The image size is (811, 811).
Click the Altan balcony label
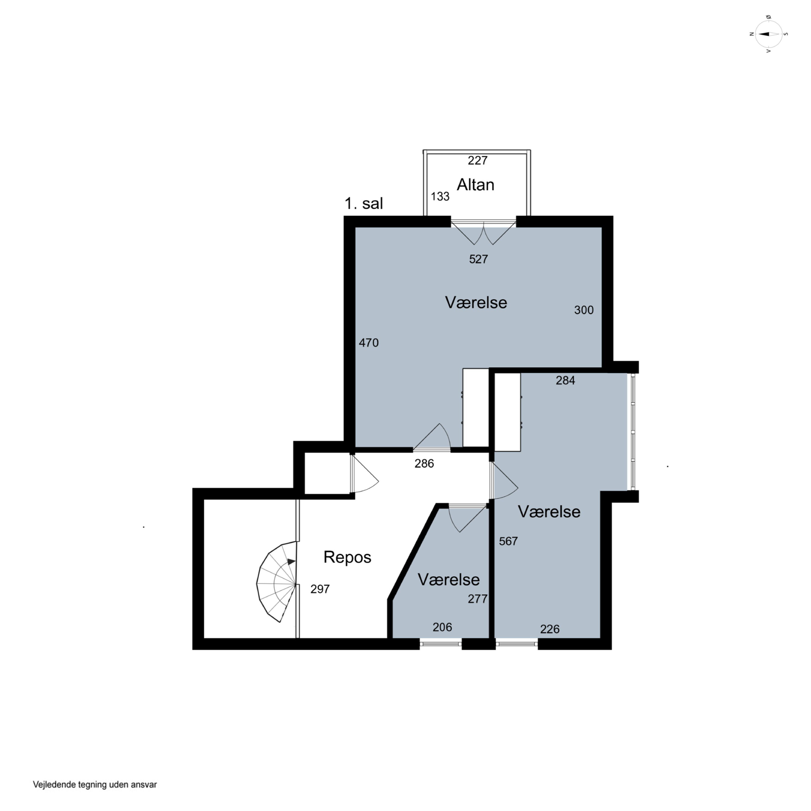pyautogui.click(x=475, y=185)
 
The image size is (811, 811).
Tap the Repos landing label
pyautogui.click(x=347, y=557)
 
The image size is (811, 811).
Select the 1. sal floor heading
pyautogui.click(x=364, y=204)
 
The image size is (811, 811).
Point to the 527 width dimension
pyautogui.click(x=478, y=259)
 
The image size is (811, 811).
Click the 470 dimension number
pyautogui.click(x=368, y=343)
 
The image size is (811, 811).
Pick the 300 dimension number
pyautogui.click(x=584, y=310)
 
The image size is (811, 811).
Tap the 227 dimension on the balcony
pyautogui.click(x=478, y=160)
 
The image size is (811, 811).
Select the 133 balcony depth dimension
pyautogui.click(x=440, y=197)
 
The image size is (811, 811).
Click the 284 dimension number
pyautogui.click(x=566, y=380)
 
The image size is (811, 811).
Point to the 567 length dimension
pyautogui.click(x=508, y=541)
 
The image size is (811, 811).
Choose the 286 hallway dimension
pyautogui.click(x=424, y=463)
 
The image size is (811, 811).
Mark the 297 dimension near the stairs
pyautogui.click(x=320, y=589)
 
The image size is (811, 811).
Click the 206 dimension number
pyautogui.click(x=443, y=627)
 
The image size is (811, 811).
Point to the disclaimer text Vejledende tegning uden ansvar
pyautogui.click(x=95, y=785)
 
